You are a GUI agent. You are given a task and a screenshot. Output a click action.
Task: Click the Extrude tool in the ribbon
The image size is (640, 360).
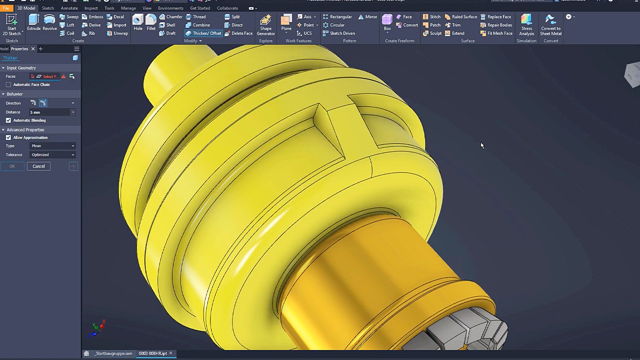(x=33, y=22)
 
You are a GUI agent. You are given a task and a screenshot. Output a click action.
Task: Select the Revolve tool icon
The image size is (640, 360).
(x=49, y=22)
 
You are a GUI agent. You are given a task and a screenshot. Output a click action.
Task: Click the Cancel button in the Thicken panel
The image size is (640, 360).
(x=38, y=166)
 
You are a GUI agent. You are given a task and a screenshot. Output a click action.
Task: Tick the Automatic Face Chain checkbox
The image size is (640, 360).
(x=8, y=84)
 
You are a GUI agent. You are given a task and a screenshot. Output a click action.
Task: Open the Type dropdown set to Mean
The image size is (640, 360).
(x=52, y=146)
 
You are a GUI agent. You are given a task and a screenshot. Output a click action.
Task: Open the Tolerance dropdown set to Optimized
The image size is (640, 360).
(x=52, y=154)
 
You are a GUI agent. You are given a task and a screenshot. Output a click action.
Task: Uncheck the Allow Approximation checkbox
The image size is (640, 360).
(x=8, y=137)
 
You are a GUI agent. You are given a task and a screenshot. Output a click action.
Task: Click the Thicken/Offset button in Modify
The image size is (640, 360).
(x=203, y=33)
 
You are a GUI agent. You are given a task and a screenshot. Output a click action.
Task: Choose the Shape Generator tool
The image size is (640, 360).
(x=265, y=24)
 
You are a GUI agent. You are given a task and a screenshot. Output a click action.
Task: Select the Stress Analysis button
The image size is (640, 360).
(x=526, y=24)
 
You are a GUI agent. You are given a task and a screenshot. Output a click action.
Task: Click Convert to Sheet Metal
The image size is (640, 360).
(x=550, y=24)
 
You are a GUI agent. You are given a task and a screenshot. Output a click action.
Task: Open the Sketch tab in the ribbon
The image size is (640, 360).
(x=47, y=8)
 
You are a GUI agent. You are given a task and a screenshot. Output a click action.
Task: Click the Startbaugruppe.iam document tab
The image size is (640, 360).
(x=113, y=353)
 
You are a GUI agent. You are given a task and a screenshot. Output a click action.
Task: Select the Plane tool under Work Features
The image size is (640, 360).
(x=286, y=22)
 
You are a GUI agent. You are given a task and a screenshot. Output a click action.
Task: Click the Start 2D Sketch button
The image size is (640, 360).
(x=11, y=24)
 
